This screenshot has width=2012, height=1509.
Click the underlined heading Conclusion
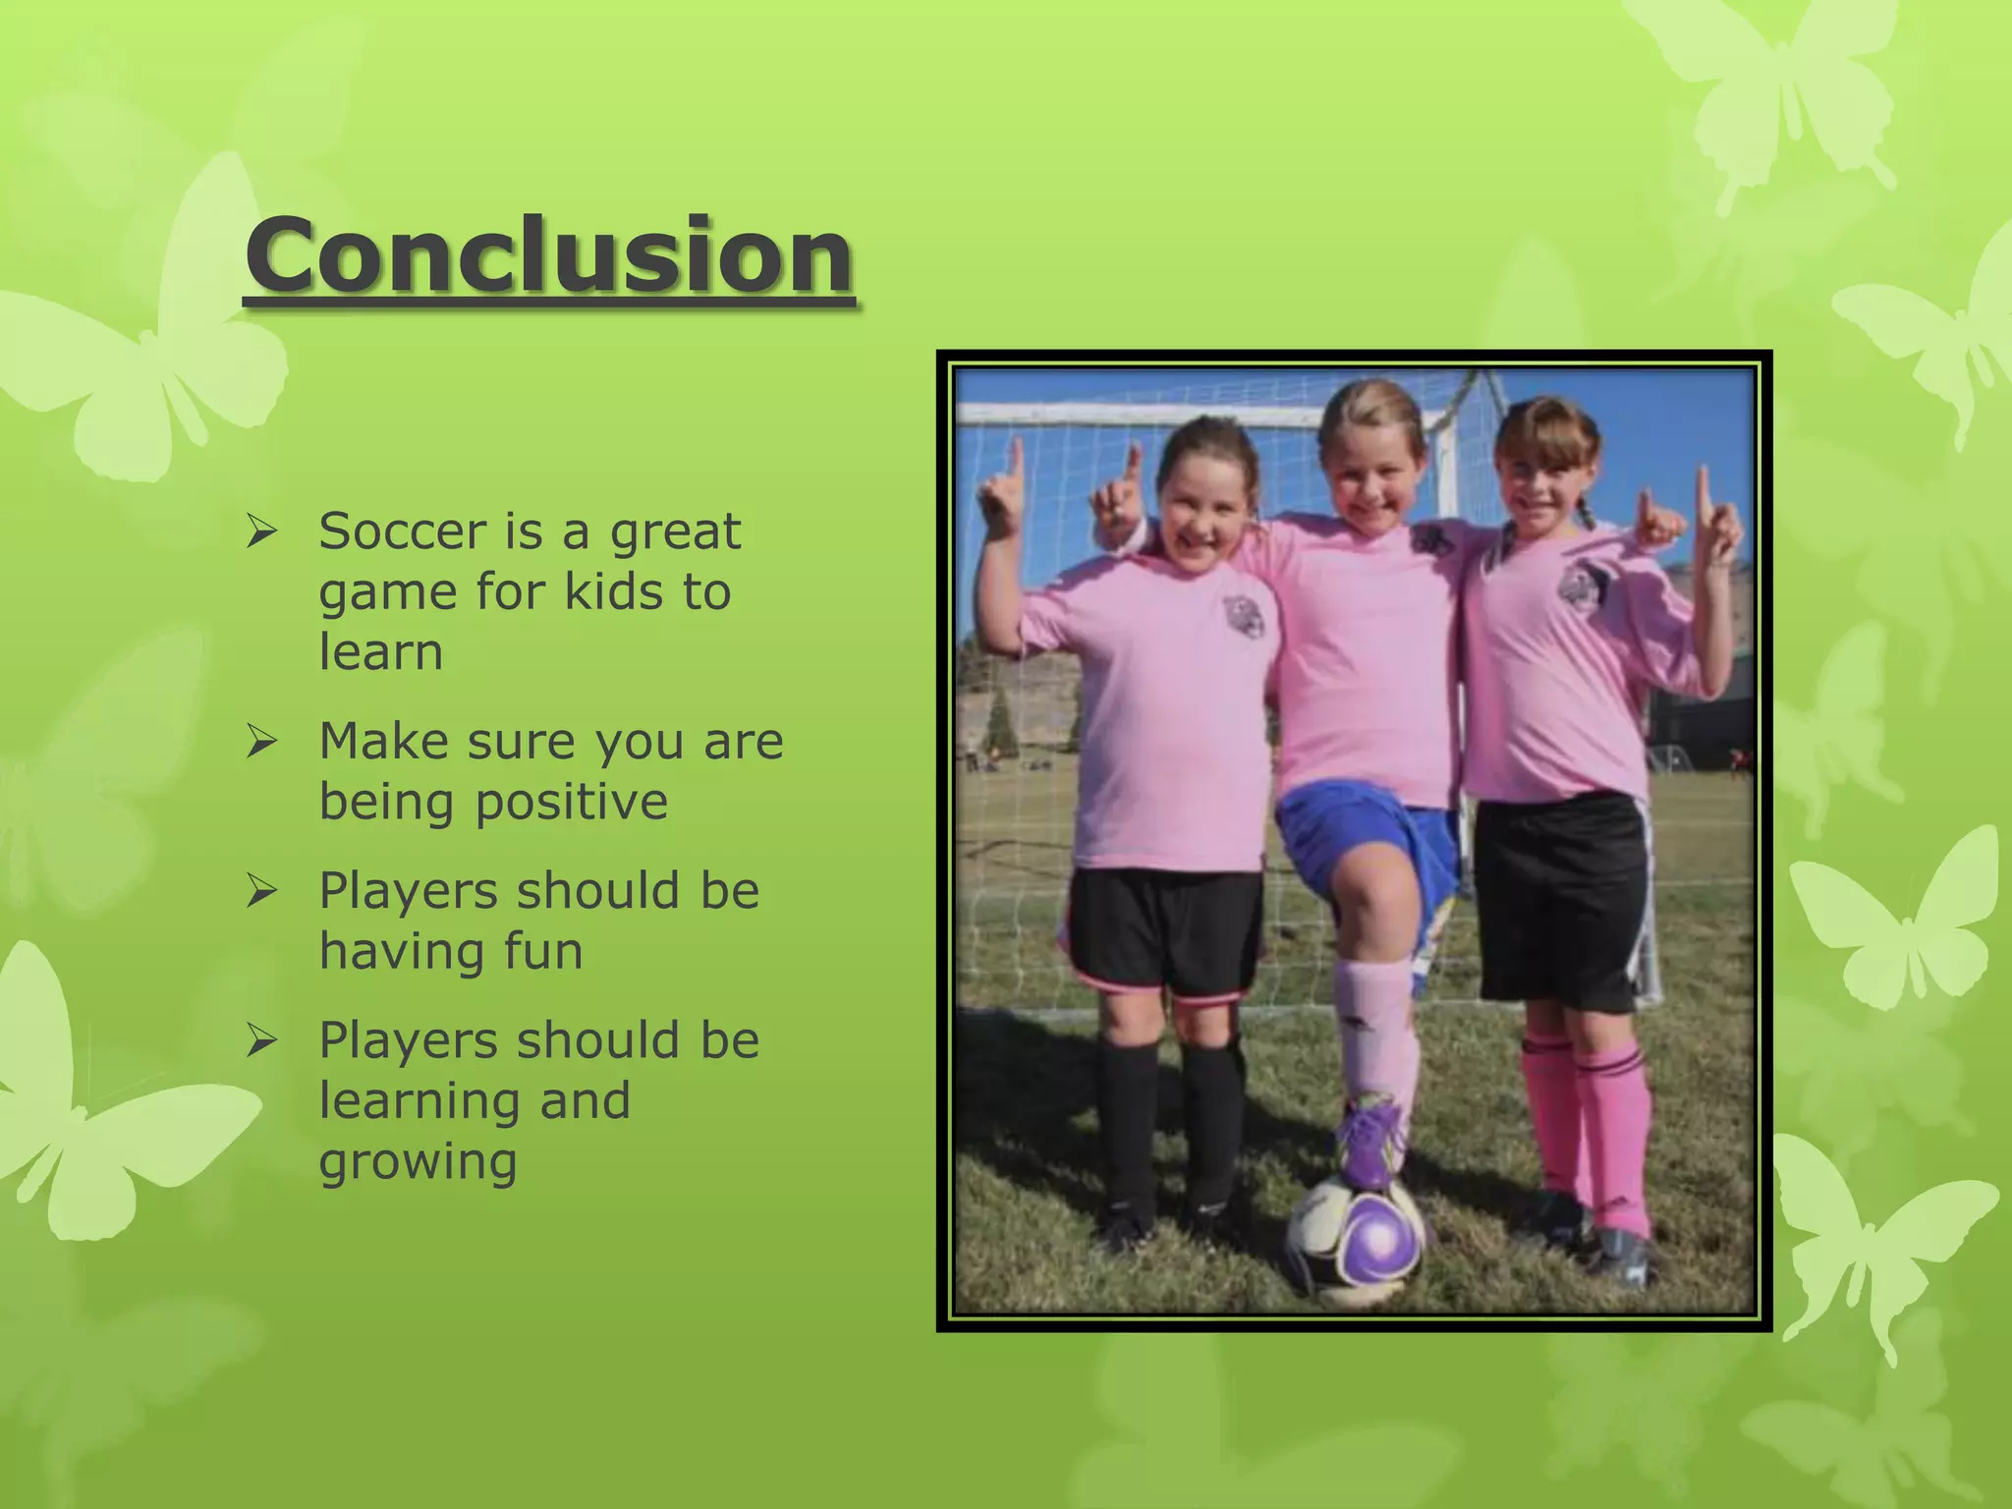pyautogui.click(x=549, y=255)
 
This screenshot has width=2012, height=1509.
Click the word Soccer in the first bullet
pyautogui.click(x=403, y=531)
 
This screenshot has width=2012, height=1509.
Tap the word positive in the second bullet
pyautogui.click(x=572, y=802)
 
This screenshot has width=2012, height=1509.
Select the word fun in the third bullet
pyautogui.click(x=543, y=952)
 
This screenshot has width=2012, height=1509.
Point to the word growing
pyautogui.click(x=418, y=1162)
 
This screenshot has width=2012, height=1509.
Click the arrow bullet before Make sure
pyautogui.click(x=262, y=742)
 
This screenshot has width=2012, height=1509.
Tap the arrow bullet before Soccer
pyautogui.click(x=262, y=532)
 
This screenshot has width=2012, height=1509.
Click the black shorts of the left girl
pyautogui.click(x=1165, y=928)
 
